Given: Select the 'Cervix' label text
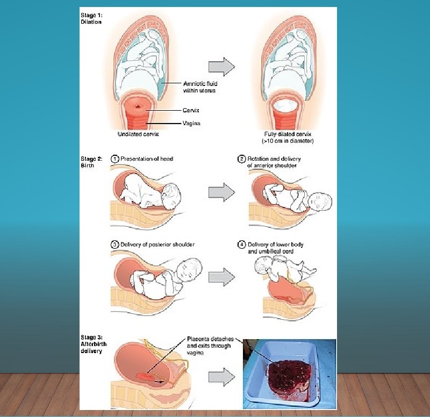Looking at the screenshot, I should [x=191, y=111].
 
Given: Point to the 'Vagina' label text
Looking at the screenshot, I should [x=192, y=123].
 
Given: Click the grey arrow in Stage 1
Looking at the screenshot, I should [x=221, y=67].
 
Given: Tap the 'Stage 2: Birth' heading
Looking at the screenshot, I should [x=88, y=162].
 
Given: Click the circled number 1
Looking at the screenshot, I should [x=114, y=159].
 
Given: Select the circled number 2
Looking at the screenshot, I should [x=242, y=159].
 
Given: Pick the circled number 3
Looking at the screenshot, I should [x=114, y=245].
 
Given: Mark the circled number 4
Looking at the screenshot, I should [x=242, y=245].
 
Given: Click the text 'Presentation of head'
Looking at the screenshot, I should [x=147, y=159].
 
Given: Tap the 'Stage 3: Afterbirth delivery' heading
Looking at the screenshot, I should [x=91, y=344].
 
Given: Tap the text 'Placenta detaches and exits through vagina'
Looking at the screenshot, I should [x=209, y=346].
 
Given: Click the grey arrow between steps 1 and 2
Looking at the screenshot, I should [x=221, y=191].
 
